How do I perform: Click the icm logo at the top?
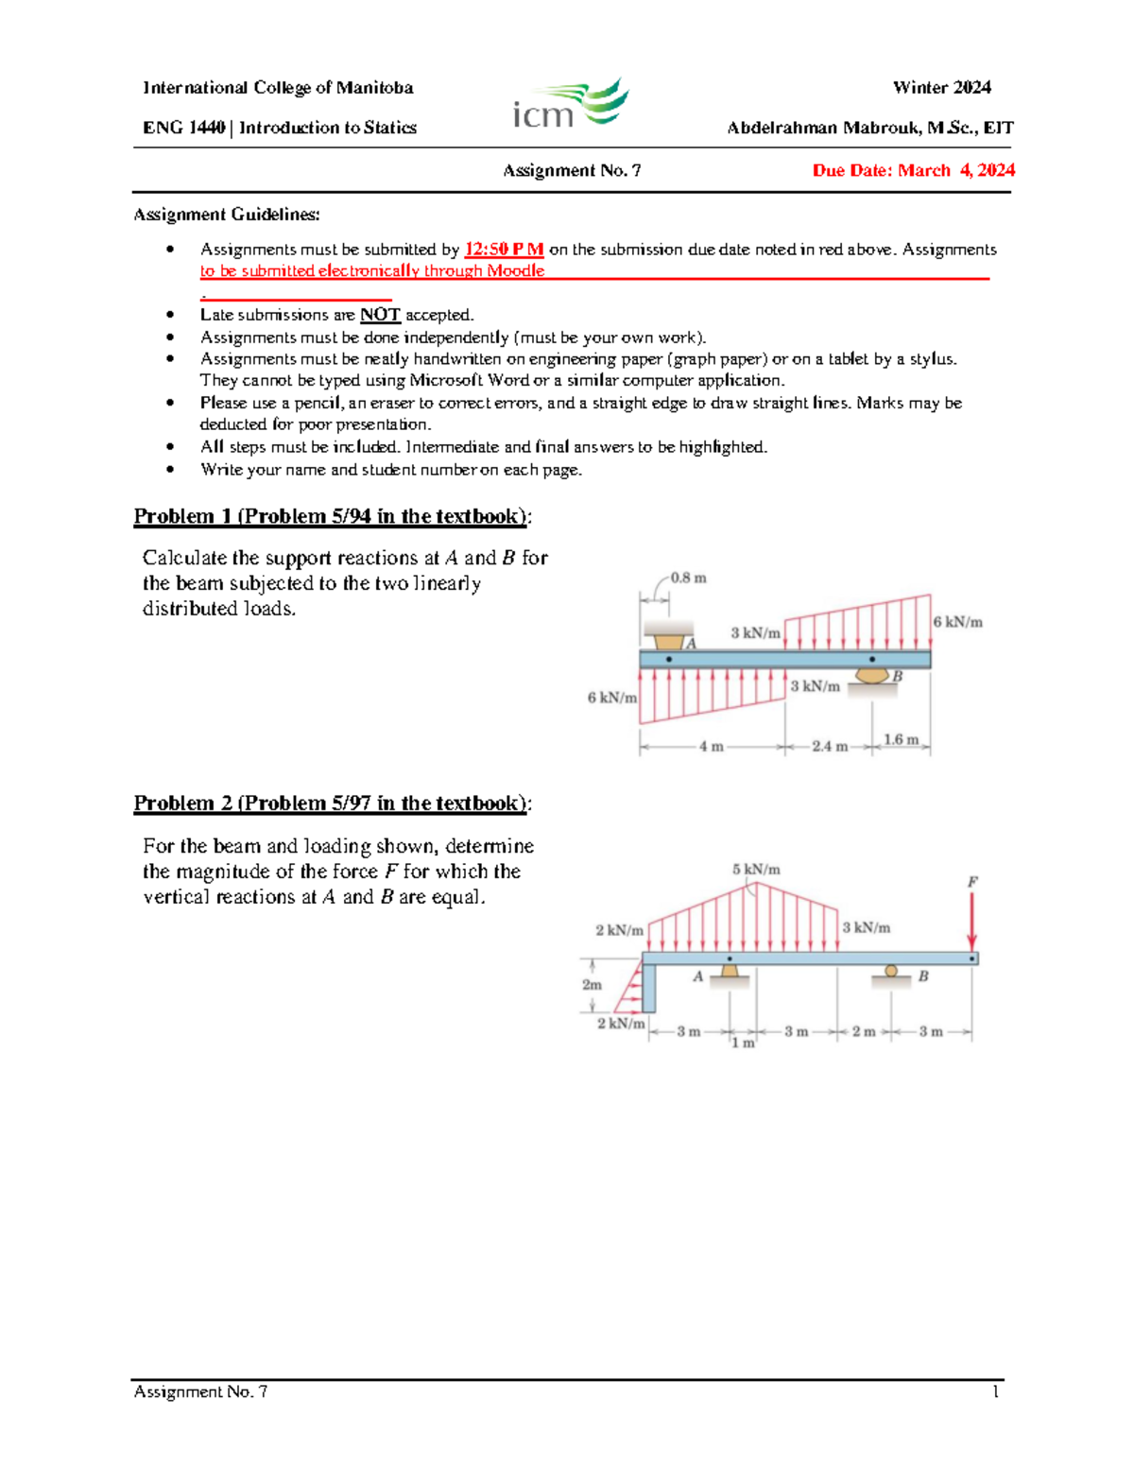coord(571,105)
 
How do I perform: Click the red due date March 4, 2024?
coord(913,170)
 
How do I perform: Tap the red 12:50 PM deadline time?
coord(504,250)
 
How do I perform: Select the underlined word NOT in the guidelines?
coord(380,315)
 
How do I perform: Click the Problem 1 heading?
coord(332,516)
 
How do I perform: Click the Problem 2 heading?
coord(332,803)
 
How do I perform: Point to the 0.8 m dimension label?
coord(688,578)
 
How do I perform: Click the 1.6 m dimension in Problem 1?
coord(901,739)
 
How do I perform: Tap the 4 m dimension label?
coord(711,746)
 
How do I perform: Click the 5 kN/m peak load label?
coord(756,870)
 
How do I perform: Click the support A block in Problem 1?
coord(668,635)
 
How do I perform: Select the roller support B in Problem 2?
coord(891,973)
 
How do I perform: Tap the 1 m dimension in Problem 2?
coord(743,1043)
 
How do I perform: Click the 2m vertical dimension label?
coord(593,985)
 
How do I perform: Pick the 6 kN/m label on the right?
coord(957,622)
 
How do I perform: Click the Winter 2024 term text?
coord(941,88)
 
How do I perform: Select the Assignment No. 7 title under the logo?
coord(572,171)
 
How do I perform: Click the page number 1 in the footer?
coord(995,1391)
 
